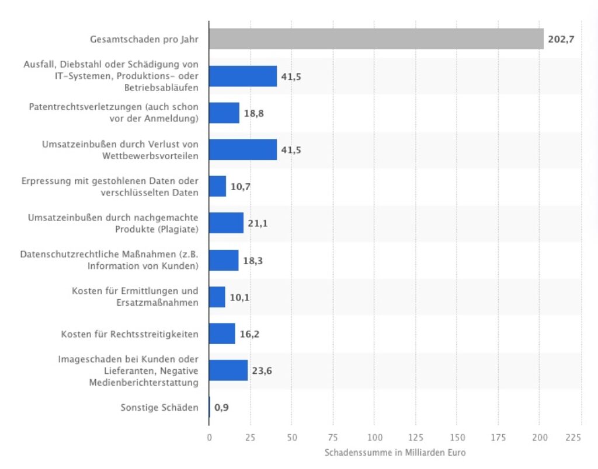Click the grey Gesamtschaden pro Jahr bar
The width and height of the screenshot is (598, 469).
(x=376, y=40)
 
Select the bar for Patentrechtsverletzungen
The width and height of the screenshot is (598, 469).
(x=224, y=113)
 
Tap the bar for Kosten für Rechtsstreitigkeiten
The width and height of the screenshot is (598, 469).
(x=222, y=334)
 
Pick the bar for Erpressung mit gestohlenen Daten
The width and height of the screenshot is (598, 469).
(x=217, y=187)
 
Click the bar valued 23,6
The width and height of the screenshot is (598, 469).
(x=228, y=370)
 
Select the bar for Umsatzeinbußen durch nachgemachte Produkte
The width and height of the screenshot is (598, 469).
(x=226, y=223)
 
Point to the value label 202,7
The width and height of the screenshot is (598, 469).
(x=561, y=40)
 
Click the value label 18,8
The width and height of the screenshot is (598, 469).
(x=254, y=113)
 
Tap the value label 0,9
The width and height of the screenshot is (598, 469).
(x=221, y=408)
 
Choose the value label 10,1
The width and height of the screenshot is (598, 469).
(x=239, y=297)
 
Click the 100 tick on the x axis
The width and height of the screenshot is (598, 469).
(x=375, y=437)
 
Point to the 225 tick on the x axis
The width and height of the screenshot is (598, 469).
(x=574, y=437)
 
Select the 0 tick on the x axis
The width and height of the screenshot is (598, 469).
(x=209, y=437)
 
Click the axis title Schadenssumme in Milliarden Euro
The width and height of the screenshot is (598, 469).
(x=395, y=453)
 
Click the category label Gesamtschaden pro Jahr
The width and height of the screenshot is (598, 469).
(x=144, y=40)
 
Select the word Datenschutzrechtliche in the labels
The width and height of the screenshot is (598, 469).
(x=65, y=254)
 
